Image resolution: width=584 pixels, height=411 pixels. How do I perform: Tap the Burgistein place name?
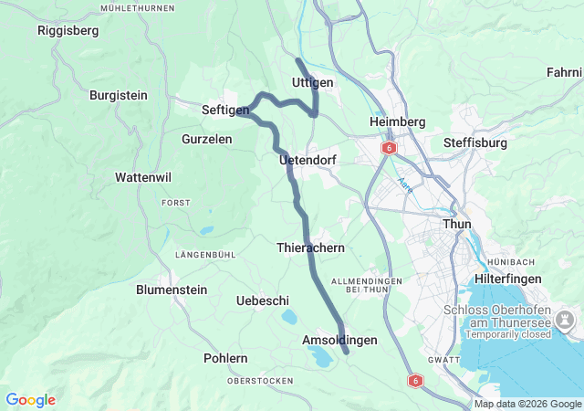tap(119, 94)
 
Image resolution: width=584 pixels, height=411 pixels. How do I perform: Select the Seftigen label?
tap(225, 110)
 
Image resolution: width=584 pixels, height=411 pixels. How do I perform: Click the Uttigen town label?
tap(312, 82)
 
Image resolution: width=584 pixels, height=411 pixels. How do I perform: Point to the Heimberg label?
tap(398, 121)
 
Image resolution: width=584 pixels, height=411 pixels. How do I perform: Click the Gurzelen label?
tap(206, 139)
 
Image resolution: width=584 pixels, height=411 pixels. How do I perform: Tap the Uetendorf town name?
tap(308, 160)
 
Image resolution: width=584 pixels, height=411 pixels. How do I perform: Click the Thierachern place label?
tap(310, 248)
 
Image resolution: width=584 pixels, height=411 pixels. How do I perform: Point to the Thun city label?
tap(456, 224)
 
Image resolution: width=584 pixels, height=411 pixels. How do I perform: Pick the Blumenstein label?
tap(172, 290)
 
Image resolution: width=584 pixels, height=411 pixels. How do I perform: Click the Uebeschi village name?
tap(263, 300)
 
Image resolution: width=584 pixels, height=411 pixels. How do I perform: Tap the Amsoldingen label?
tap(339, 340)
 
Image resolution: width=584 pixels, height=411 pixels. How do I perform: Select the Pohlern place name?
tap(225, 358)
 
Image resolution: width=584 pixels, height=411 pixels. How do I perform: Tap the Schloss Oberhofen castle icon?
tap(566, 320)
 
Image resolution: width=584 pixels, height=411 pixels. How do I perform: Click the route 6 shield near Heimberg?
tap(390, 147)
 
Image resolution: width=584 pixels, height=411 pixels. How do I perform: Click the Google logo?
tap(30, 400)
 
